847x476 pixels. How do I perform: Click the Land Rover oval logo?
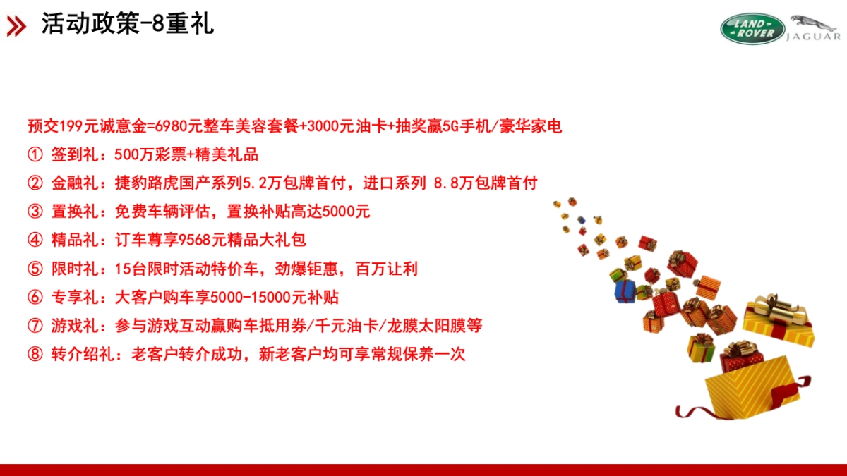pyautogui.click(x=752, y=28)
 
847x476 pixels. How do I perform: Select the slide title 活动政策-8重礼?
pyautogui.click(x=127, y=24)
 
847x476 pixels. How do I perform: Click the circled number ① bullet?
pyautogui.click(x=35, y=154)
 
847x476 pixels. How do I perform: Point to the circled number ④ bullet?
pyautogui.click(x=35, y=240)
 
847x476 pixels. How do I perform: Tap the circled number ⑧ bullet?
pyautogui.click(x=35, y=354)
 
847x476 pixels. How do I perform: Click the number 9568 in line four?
pyautogui.click(x=196, y=240)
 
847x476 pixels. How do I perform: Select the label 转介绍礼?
pyautogui.click(x=82, y=354)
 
